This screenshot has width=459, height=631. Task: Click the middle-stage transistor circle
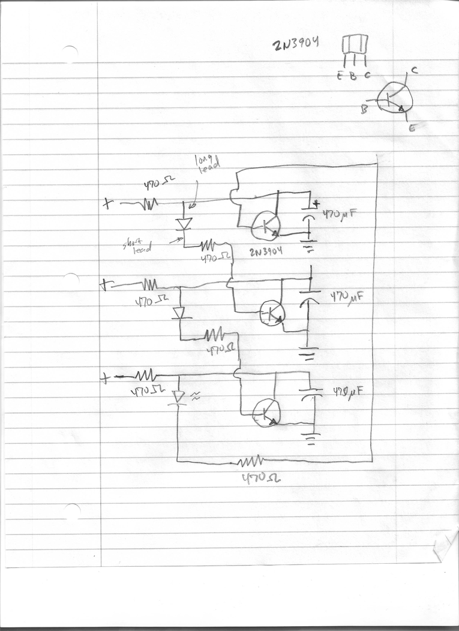tap(272, 312)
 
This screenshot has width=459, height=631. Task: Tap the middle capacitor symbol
tap(309, 298)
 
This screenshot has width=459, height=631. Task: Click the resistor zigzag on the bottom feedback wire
tap(251, 461)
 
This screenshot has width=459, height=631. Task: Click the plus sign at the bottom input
tap(106, 378)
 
